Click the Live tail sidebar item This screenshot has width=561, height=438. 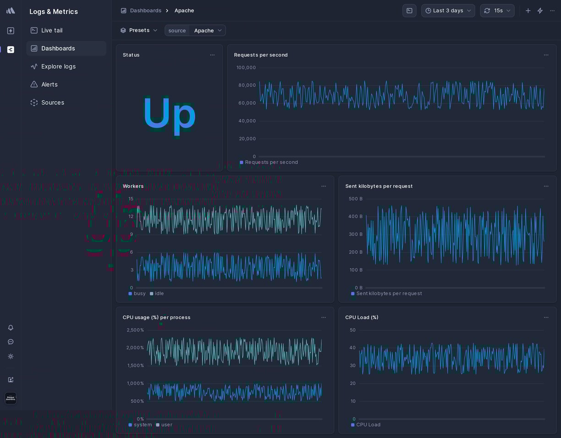tap(52, 30)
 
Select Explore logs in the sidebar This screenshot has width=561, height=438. tap(58, 66)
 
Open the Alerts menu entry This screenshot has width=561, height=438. tap(49, 84)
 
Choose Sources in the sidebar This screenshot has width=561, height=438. tap(52, 103)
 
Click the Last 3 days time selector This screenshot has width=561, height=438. tap(448, 11)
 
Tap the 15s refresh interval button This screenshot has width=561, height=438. tap(497, 11)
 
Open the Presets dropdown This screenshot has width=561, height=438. tap(139, 30)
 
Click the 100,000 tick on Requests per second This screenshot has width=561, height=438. tap(246, 68)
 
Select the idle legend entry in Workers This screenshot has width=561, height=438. tap(159, 294)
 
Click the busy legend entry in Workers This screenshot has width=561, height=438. tap(139, 294)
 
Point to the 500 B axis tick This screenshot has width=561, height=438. tap(355, 199)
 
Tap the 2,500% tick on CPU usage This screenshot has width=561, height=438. tap(135, 330)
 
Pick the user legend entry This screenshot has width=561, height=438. tap(166, 425)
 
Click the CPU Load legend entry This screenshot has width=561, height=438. tap(368, 425)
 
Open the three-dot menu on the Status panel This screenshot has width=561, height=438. tap(212, 55)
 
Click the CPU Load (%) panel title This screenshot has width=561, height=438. tap(362, 318)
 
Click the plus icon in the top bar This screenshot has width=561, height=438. tap(528, 11)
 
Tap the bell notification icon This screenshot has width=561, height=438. tap(11, 328)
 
